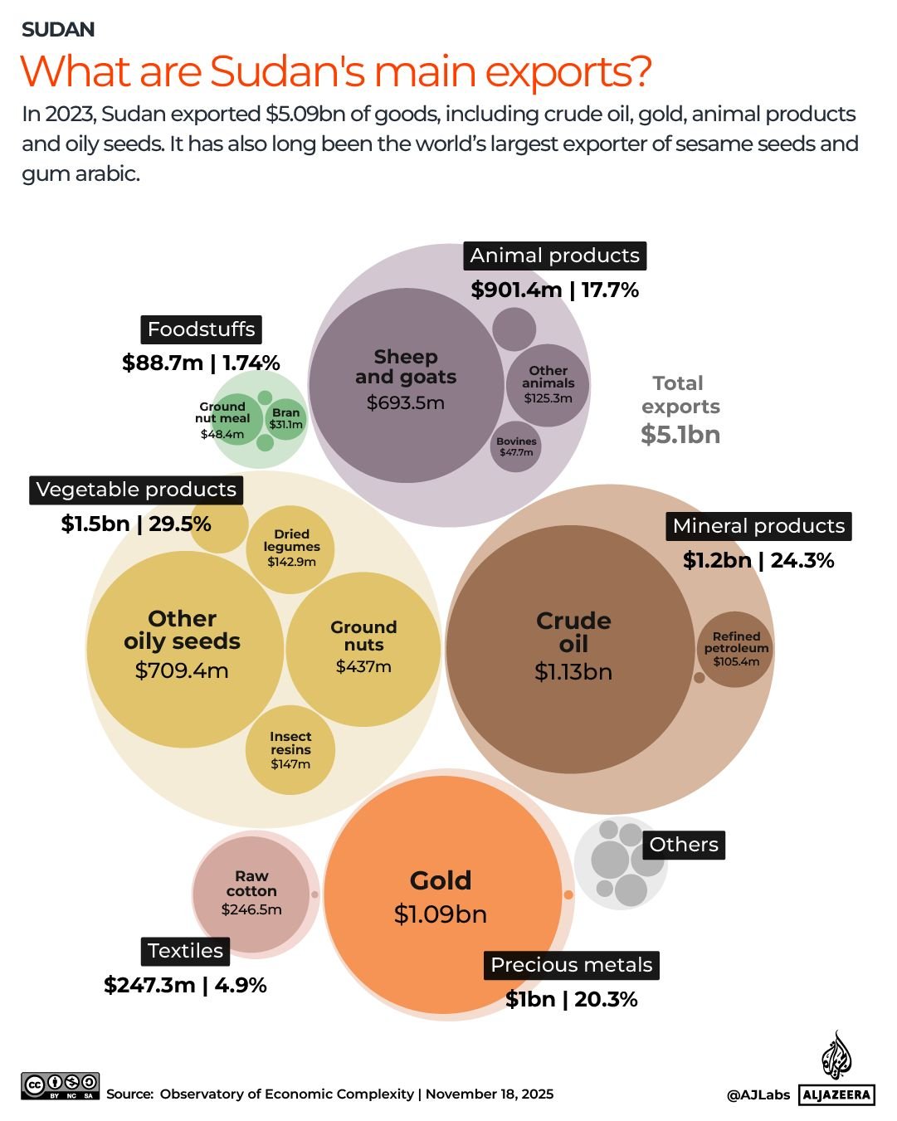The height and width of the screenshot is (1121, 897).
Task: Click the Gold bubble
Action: tap(442, 896)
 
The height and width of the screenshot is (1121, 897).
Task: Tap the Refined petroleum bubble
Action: tap(735, 649)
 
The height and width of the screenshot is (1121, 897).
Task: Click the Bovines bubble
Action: tap(516, 446)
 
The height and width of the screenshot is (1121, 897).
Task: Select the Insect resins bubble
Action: tap(290, 749)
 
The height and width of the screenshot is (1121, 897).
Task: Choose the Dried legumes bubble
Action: tap(290, 548)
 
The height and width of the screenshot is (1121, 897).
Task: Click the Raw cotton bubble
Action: tap(251, 894)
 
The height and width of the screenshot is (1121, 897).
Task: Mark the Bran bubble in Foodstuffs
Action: tap(286, 418)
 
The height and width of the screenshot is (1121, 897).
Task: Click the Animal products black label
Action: tap(554, 256)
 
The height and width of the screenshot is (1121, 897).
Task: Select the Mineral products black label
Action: tap(758, 526)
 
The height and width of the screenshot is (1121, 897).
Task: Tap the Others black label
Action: tap(684, 845)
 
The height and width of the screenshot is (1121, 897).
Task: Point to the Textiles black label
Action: tap(185, 951)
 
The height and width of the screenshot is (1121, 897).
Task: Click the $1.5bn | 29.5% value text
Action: tap(136, 524)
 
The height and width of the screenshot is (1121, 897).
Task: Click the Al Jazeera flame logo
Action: tap(836, 1055)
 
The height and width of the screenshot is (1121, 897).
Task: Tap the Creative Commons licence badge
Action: tap(60, 1085)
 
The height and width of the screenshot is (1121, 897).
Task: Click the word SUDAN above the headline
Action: tap(58, 30)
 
